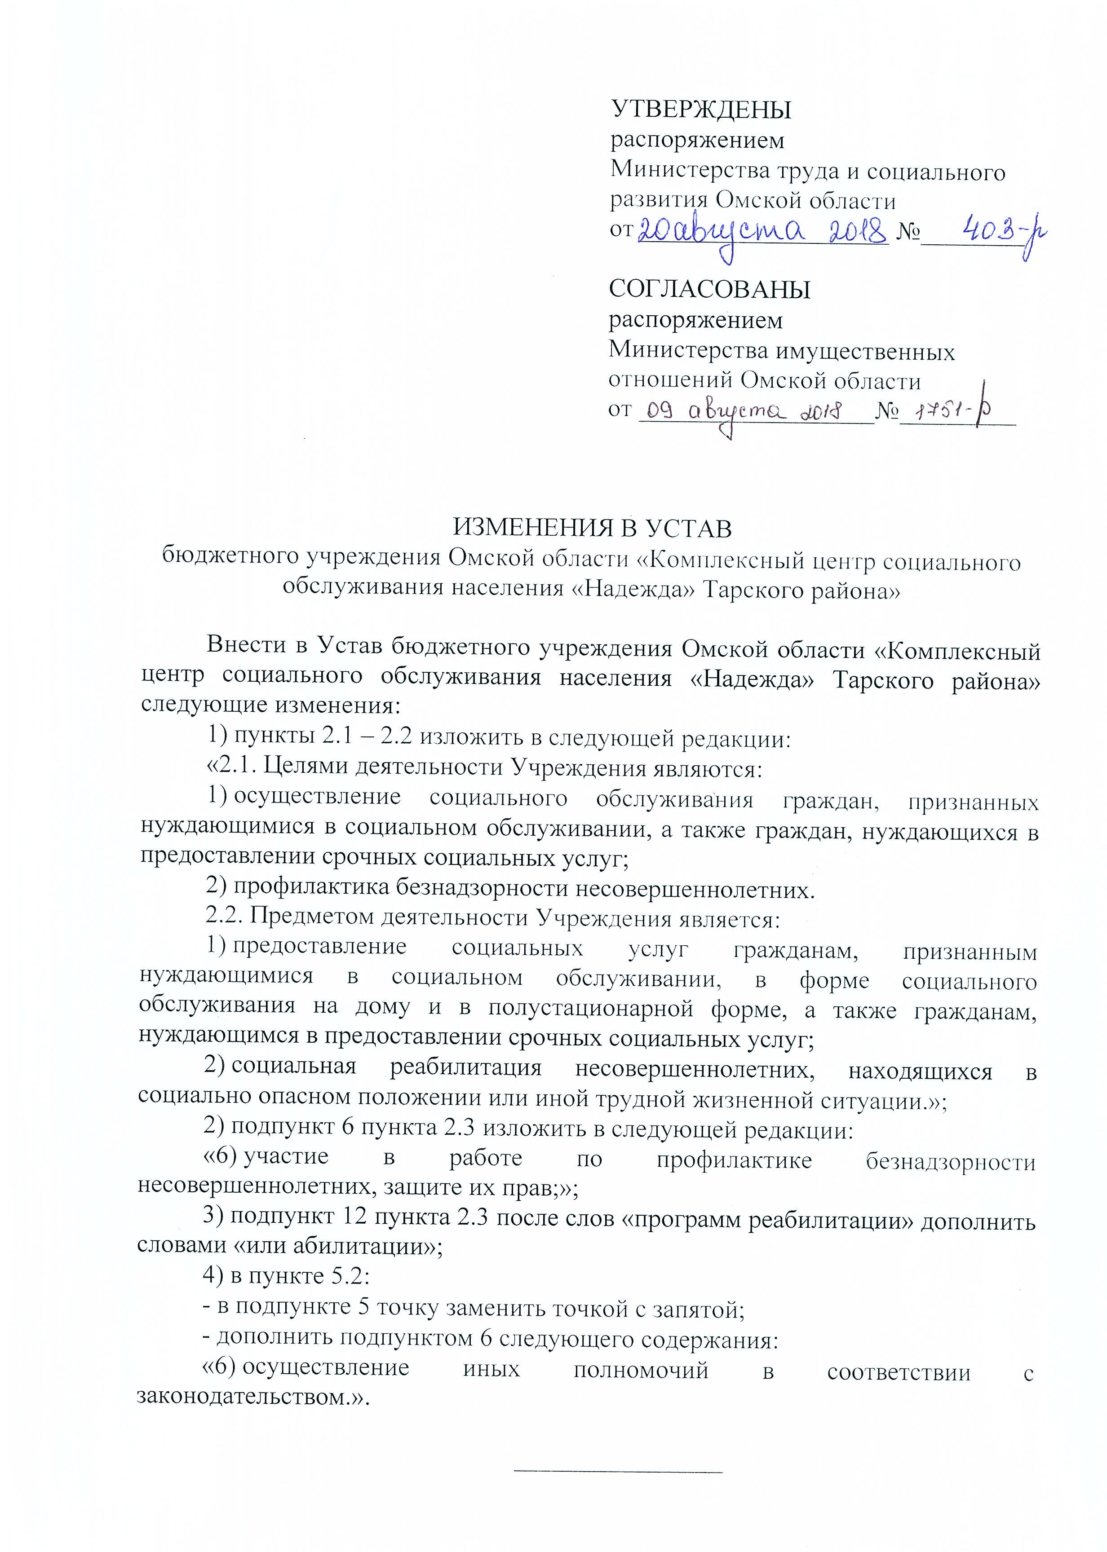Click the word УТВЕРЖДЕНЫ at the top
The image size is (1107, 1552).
[701, 109]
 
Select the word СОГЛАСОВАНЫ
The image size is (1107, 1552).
[709, 290]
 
